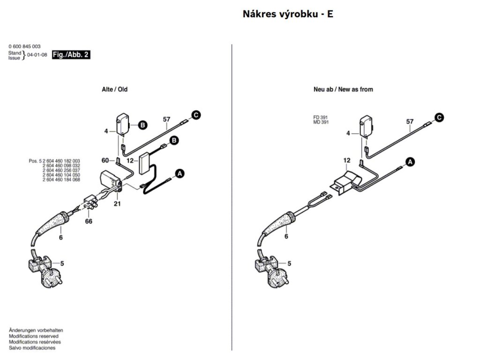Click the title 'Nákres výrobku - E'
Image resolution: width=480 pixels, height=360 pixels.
tap(288, 14)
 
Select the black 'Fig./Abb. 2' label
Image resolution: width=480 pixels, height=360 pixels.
tap(71, 55)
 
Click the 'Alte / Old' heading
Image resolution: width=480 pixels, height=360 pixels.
tap(114, 90)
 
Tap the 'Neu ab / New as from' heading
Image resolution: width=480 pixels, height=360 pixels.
tap(343, 90)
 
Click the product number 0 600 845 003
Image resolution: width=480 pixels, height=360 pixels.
tap(24, 46)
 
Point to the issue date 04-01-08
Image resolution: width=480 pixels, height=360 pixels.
tap(37, 55)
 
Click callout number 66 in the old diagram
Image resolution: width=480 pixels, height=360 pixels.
tap(89, 221)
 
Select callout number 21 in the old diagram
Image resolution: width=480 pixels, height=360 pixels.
tap(117, 203)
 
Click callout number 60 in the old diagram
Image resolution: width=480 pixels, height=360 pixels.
tap(105, 160)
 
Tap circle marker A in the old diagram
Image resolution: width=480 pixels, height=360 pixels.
tap(180, 174)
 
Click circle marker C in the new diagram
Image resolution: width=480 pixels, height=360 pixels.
tap(439, 118)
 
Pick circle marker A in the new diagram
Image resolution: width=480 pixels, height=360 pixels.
tap(410, 162)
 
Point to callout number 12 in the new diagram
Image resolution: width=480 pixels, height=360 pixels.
tap(346, 160)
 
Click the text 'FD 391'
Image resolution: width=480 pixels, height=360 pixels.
tap(321, 118)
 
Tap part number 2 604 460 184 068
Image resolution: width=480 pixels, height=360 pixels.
tap(61, 180)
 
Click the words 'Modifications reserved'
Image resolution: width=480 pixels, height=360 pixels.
tap(33, 336)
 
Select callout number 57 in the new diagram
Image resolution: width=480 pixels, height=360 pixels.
tap(410, 121)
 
